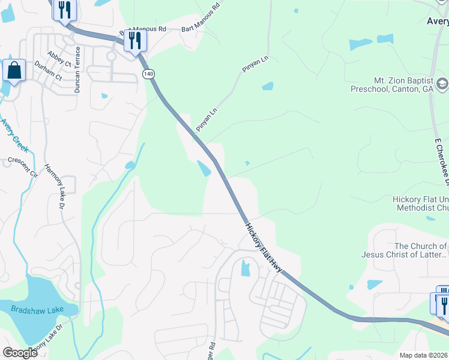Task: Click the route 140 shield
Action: [148, 73]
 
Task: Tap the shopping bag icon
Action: [14, 71]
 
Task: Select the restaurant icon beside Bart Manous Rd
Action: [135, 41]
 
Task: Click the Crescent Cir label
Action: [23, 164]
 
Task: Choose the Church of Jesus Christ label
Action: [420, 250]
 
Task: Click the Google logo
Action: [20, 353]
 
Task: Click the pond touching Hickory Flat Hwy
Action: [205, 168]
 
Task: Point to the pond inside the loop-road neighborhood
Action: [245, 268]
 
